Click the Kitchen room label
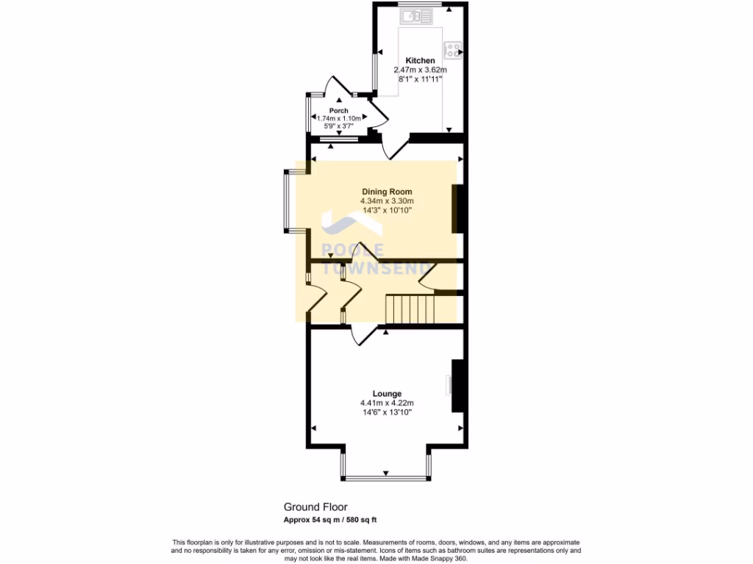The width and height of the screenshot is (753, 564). coord(420,60)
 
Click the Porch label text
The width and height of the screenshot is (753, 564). coord(338,111)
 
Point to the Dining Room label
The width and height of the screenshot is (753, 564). coord(387,192)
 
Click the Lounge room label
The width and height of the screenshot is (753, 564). coord(387,394)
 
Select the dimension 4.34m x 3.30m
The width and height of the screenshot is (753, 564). coord(387,201)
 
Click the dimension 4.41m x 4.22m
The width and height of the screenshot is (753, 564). coord(387,403)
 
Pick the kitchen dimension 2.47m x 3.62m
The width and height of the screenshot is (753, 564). coord(420,70)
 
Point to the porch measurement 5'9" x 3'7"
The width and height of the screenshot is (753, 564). coord(338,126)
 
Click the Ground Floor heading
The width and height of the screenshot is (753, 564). coord(315,507)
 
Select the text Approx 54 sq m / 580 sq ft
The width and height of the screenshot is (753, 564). coord(330,520)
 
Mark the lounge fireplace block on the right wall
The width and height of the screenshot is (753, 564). coord(457,386)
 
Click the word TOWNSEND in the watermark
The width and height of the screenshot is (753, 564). coord(376,269)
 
